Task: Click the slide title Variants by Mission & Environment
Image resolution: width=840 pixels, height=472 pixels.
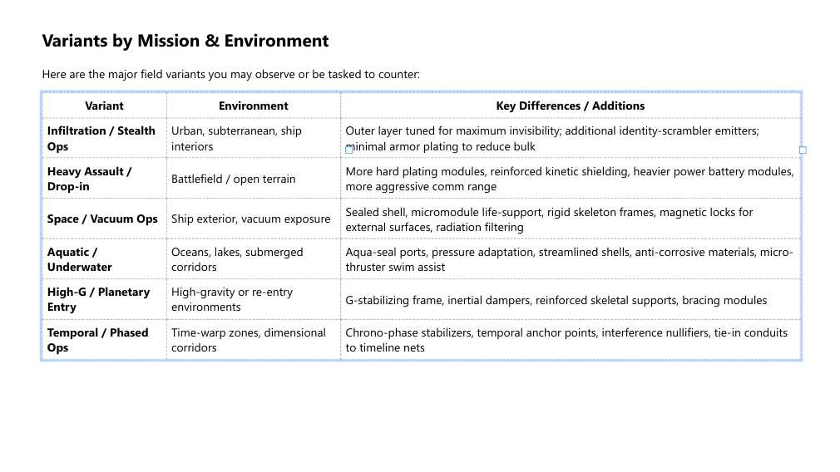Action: (x=185, y=41)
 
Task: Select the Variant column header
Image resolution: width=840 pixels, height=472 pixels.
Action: (x=104, y=106)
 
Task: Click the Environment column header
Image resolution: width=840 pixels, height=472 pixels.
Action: (x=253, y=106)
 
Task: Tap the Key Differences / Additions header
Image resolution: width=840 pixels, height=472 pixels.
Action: (x=570, y=106)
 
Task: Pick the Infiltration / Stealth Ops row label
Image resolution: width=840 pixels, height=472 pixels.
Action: (x=101, y=138)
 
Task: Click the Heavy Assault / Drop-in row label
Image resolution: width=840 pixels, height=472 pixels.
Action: (x=89, y=179)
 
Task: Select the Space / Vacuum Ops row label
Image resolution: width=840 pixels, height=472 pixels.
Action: (x=101, y=219)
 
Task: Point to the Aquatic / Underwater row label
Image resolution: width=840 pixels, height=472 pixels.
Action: (x=79, y=259)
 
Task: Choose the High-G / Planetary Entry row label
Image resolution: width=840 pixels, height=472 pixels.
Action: (x=98, y=299)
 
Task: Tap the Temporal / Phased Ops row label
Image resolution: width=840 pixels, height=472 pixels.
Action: (x=97, y=340)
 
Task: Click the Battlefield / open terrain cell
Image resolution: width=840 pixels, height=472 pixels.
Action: (x=233, y=179)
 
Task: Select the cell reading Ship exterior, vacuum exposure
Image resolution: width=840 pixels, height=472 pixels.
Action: (x=250, y=219)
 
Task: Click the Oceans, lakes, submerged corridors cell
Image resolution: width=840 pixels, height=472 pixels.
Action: (x=237, y=259)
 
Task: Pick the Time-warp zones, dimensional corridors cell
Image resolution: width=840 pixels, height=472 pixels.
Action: (x=248, y=340)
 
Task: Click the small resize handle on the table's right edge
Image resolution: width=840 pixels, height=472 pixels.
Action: (x=803, y=150)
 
